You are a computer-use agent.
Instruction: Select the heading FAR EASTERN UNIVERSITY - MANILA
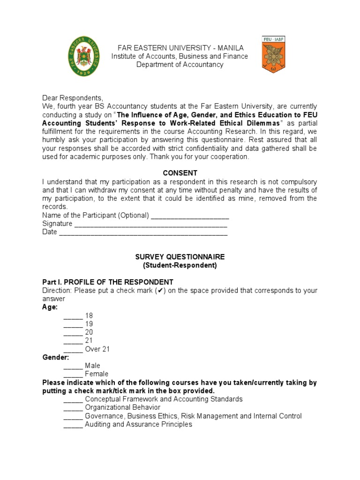click(180, 48)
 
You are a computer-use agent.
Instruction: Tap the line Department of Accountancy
click(180, 65)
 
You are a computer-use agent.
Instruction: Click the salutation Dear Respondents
click(72, 98)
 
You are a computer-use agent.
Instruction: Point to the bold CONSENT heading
click(180, 173)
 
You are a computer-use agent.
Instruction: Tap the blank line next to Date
click(143, 232)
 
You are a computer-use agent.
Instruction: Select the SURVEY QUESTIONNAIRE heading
click(180, 257)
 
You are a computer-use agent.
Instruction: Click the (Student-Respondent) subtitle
click(180, 265)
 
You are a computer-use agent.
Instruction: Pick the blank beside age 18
click(73, 316)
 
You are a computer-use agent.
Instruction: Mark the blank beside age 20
click(73, 332)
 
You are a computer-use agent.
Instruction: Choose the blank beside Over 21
click(73, 349)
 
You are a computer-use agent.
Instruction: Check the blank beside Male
click(73, 366)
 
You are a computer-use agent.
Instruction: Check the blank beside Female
click(73, 374)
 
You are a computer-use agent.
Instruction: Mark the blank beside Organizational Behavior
click(73, 407)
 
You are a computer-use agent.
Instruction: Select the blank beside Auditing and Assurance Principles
click(73, 424)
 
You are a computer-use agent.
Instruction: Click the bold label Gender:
click(55, 357)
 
